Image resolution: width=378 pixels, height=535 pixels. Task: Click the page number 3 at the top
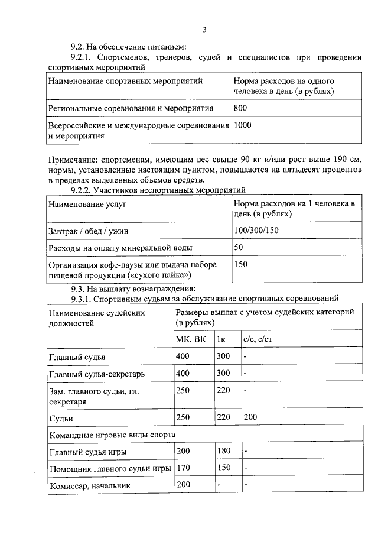pyautogui.click(x=204, y=30)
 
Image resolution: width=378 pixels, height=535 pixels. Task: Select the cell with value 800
pyautogui.click(x=241, y=108)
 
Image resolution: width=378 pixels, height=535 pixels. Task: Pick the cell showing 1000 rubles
pyautogui.click(x=243, y=125)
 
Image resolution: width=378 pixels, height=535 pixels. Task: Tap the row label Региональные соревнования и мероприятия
pyautogui.click(x=131, y=108)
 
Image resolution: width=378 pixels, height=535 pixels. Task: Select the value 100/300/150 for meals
pyautogui.click(x=256, y=229)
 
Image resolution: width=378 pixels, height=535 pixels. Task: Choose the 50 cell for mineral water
pyautogui.click(x=239, y=247)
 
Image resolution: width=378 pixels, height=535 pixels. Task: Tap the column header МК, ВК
pyautogui.click(x=191, y=339)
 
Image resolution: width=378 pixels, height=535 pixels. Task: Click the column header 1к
pyautogui.click(x=221, y=339)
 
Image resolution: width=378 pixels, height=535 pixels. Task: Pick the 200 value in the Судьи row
pyautogui.click(x=250, y=417)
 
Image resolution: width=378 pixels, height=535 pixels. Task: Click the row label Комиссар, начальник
pyautogui.click(x=89, y=486)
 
